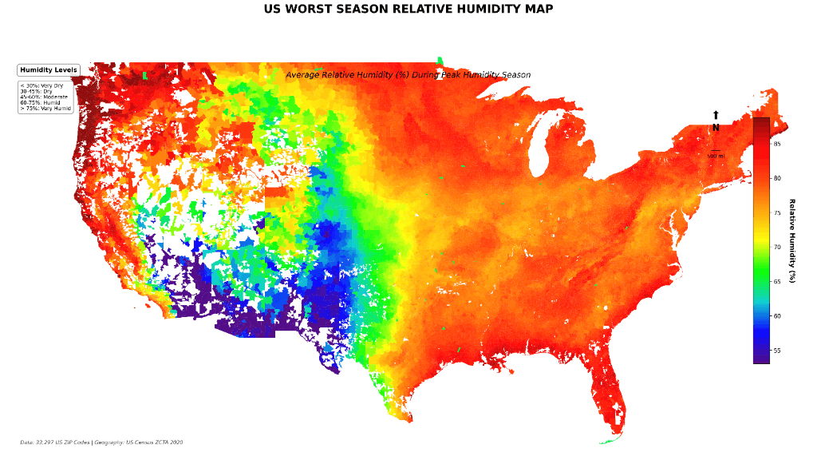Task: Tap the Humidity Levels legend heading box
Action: [x=49, y=70]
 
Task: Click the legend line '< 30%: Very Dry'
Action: [x=41, y=85]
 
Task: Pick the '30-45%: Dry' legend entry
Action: [x=36, y=91]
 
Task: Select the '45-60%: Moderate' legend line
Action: [x=44, y=97]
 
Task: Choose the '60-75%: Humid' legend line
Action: [x=40, y=102]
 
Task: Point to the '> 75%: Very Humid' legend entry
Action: [x=45, y=108]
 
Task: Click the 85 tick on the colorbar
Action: [x=776, y=144]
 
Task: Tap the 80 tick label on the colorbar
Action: [x=776, y=178]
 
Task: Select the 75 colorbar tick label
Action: [x=776, y=213]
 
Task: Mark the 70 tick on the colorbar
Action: [x=776, y=248]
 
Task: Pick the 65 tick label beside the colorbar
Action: [x=776, y=282]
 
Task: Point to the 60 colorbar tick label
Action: [x=776, y=316]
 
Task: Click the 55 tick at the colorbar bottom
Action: [x=776, y=351]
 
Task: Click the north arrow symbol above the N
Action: [x=716, y=116]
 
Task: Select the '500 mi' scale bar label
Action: [x=716, y=156]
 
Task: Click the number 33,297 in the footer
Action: [x=46, y=442]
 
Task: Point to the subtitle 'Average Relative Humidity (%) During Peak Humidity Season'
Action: [x=408, y=75]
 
